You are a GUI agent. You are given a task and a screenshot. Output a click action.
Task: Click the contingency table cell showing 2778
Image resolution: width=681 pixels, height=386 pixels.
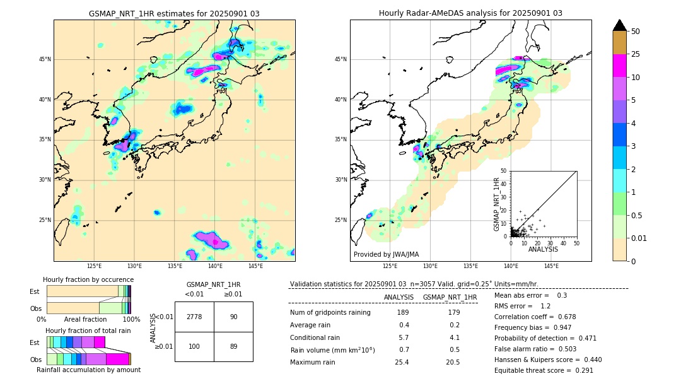pyautogui.click(x=194, y=317)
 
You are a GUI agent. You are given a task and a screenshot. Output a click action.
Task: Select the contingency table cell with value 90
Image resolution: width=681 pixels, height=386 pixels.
pyautogui.click(x=233, y=317)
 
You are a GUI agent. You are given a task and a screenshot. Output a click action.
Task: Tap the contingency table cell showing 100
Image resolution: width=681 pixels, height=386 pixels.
pyautogui.click(x=194, y=347)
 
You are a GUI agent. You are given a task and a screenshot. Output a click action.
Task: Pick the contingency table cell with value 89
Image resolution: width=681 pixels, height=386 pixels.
pyautogui.click(x=233, y=347)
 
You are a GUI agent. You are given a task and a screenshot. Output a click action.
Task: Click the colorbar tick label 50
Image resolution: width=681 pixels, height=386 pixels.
pyautogui.click(x=636, y=32)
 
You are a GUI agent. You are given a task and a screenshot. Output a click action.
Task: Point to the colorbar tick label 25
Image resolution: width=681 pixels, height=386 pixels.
pyautogui.click(x=636, y=54)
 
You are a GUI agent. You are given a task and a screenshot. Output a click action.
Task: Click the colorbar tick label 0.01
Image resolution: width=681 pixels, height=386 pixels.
pyautogui.click(x=639, y=238)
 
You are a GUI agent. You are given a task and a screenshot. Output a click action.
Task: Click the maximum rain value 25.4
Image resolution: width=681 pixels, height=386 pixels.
pyautogui.click(x=403, y=362)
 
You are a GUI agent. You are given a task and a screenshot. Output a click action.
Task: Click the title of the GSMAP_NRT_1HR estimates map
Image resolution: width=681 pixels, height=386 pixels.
pyautogui.click(x=174, y=13)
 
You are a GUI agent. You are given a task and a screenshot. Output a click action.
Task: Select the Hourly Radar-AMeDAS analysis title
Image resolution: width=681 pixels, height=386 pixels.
pyautogui.click(x=470, y=13)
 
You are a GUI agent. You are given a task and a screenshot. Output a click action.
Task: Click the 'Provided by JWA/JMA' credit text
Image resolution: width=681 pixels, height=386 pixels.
pyautogui.click(x=386, y=254)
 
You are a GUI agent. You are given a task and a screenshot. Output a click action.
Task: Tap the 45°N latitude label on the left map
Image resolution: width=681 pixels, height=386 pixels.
pyautogui.click(x=45, y=59)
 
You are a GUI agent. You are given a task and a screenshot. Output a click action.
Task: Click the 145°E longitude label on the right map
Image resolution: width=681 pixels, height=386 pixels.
pyautogui.click(x=551, y=267)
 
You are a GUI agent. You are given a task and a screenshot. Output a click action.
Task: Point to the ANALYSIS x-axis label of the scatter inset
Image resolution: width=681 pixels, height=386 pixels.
pyautogui.click(x=543, y=249)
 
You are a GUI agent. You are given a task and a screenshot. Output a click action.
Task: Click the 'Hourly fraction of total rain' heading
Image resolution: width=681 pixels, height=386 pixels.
pyautogui.click(x=88, y=330)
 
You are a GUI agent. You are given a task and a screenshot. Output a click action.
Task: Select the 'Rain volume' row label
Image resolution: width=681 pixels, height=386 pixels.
pyautogui.click(x=332, y=350)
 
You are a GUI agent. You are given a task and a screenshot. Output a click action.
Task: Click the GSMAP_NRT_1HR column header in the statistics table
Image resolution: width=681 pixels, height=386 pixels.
pyautogui.click(x=450, y=297)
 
